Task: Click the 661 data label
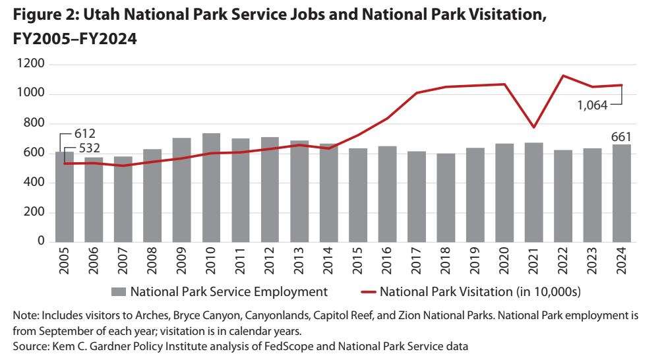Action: [x=622, y=136]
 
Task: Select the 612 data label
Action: [x=84, y=134]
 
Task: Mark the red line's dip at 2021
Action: [x=534, y=127]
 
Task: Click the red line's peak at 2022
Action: [x=563, y=75]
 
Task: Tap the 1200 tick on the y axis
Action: [x=32, y=65]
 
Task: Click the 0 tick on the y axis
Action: [x=42, y=242]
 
